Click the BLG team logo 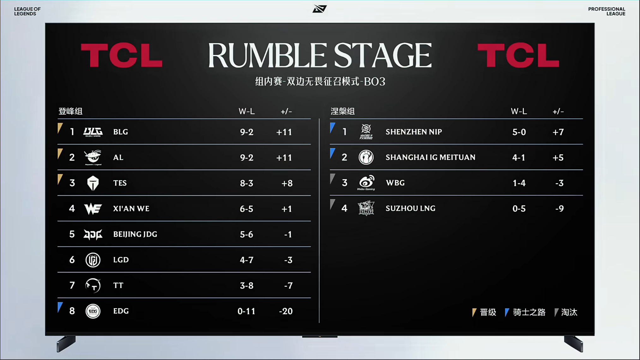tap(93, 132)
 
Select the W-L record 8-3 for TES tap(247, 183)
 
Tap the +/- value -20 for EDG tap(286, 311)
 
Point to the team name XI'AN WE tap(131, 209)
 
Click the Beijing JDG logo tap(93, 234)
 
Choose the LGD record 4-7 tap(247, 260)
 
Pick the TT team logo tap(93, 286)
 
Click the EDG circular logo tap(93, 311)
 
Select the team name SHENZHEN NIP tap(414, 132)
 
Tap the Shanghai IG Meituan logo tap(366, 157)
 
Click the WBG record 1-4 tap(519, 183)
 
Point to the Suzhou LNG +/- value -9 tap(559, 209)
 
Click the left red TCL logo tap(122, 56)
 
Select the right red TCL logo tap(518, 56)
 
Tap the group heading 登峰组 tap(70, 111)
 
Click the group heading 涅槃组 tap(343, 111)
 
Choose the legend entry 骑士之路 tap(529, 312)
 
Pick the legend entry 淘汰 tap(569, 312)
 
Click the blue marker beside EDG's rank tap(60, 307)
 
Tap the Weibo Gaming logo tap(366, 183)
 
